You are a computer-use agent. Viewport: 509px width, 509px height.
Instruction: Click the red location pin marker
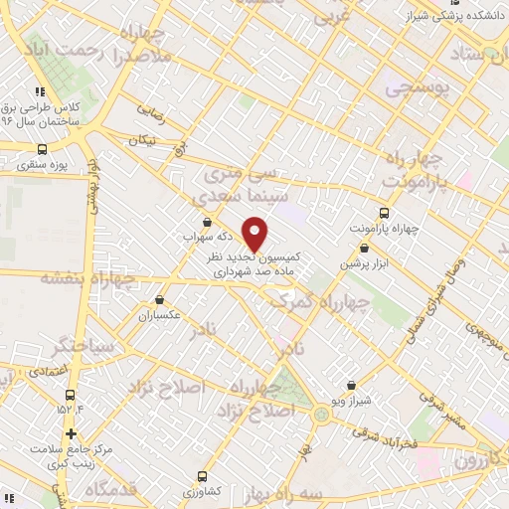click(x=255, y=234)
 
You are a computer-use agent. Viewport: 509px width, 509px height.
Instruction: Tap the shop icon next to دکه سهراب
click(x=206, y=222)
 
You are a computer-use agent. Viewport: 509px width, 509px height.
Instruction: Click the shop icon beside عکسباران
click(x=159, y=298)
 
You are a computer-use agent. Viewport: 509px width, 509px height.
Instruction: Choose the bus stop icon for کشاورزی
click(x=203, y=476)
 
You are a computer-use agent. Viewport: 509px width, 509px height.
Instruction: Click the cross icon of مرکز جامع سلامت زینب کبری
click(x=71, y=433)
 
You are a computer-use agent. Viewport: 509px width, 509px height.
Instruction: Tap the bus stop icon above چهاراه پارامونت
click(x=384, y=213)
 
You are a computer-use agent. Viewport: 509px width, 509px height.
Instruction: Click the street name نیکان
click(x=142, y=140)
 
